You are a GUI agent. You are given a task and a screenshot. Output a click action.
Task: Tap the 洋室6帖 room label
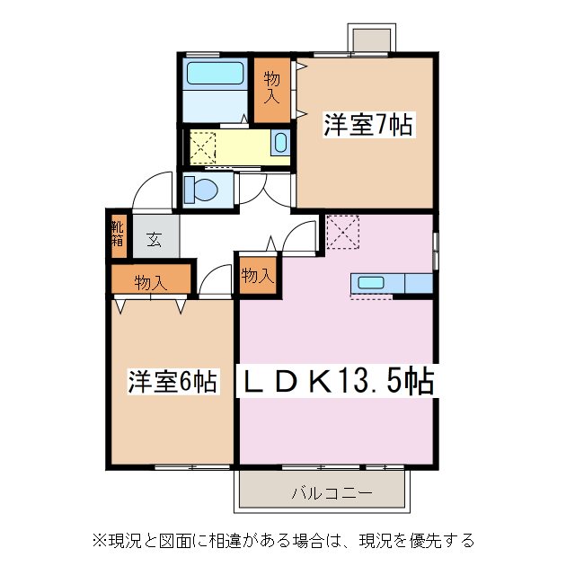171,382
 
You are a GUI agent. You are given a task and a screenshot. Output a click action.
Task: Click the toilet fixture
202,190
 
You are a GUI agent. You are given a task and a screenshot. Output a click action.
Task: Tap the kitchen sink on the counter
370,283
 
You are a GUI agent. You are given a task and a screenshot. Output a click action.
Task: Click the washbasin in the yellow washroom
279,142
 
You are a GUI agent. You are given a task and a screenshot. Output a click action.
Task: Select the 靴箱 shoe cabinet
118,233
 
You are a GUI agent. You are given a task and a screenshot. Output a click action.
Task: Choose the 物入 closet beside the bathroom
270,90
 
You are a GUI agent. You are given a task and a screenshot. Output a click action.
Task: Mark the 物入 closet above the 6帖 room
151,282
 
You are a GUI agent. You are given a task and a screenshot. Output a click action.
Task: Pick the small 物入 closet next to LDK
257,276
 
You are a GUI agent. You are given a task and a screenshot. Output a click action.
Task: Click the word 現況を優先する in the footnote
417,541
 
